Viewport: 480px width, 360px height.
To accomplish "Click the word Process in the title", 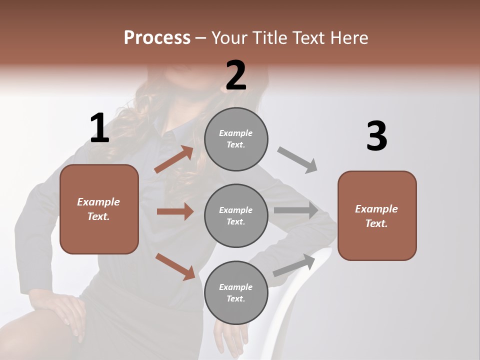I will (157, 37).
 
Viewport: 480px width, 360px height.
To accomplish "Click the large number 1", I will (99, 128).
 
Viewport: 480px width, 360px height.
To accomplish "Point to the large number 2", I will (236, 75).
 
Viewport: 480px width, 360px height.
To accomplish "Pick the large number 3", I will (376, 136).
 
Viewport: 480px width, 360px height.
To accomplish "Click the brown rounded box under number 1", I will (99, 209).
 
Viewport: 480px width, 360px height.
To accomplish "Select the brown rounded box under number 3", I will (377, 215).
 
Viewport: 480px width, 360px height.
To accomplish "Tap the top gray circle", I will (236, 139).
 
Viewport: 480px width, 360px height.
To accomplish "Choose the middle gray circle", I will (236, 215).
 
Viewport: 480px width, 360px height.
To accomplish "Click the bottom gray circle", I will (236, 292).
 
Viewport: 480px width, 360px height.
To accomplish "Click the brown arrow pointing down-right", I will (175, 266).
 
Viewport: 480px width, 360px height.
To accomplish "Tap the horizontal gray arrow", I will (296, 210).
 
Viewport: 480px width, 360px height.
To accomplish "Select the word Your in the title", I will (229, 37).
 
